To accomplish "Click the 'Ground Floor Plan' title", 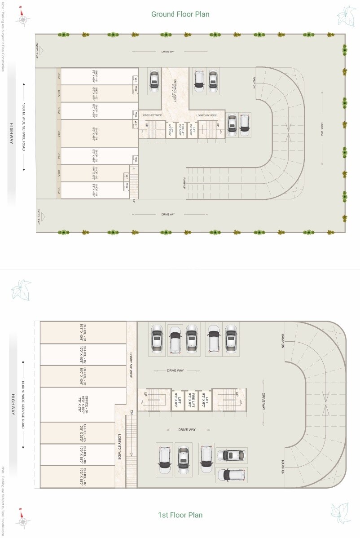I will click(x=180, y=14).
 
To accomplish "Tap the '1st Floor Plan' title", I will click(x=180, y=515).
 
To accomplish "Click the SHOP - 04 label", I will click(x=96, y=133).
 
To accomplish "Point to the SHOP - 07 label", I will click(x=96, y=190).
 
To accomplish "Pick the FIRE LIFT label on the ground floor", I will click(x=182, y=129).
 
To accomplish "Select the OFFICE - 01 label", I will click(x=83, y=333).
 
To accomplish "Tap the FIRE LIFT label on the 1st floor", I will click(x=192, y=399).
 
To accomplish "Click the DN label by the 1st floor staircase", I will click(x=132, y=412).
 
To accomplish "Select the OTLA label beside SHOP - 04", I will click(x=59, y=133).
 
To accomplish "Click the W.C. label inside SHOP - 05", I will click(x=134, y=159).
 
